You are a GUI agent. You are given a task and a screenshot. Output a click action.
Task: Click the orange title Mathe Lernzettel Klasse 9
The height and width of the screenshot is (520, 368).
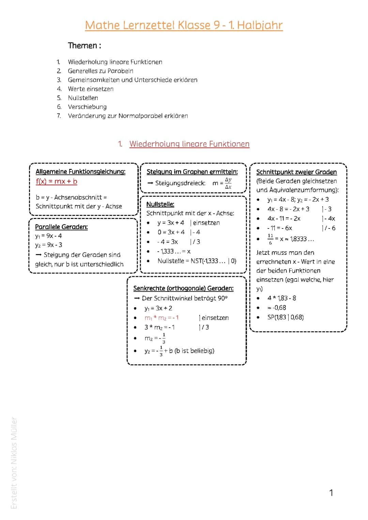click(x=184, y=25)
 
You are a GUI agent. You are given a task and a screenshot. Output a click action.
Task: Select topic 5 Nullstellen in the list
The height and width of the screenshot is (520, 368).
click(x=83, y=98)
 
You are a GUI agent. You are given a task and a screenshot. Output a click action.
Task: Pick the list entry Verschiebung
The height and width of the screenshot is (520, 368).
click(x=87, y=107)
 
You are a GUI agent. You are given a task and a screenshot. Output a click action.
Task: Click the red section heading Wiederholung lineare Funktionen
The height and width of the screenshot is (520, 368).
click(x=189, y=144)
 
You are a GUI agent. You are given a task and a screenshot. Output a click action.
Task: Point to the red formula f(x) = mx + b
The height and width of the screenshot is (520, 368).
click(x=57, y=182)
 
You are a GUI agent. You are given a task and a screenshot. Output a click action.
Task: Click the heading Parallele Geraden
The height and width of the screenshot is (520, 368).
click(x=61, y=227)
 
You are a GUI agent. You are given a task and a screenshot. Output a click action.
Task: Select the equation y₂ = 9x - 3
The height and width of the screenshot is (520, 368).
click(x=49, y=245)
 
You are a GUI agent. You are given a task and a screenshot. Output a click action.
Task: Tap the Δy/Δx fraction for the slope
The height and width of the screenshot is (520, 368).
click(x=228, y=183)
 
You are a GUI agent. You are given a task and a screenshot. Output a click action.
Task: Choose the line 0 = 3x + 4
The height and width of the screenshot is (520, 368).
click(x=171, y=232)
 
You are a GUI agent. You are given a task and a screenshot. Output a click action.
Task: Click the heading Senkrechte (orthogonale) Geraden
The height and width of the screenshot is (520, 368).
click(x=183, y=288)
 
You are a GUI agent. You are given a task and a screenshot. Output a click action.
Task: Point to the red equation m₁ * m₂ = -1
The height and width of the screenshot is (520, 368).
click(x=162, y=318)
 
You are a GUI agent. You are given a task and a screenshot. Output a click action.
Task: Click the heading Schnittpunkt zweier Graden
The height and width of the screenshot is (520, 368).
click(x=296, y=172)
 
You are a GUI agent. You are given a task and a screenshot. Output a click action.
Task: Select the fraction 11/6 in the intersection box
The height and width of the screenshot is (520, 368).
click(x=271, y=239)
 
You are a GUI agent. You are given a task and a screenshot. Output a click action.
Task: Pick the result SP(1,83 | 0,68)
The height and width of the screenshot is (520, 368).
click(x=286, y=317)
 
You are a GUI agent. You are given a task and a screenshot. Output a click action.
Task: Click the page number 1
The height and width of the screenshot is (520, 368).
click(x=331, y=493)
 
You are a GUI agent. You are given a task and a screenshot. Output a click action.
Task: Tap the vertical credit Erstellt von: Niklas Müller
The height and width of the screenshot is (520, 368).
click(x=14, y=463)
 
